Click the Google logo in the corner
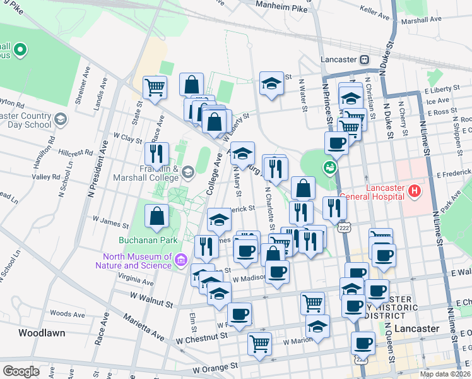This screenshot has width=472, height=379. pyautogui.click(x=21, y=371)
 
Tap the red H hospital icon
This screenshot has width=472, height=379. pyautogui.click(x=414, y=190)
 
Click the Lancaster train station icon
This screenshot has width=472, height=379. pyautogui.click(x=364, y=59)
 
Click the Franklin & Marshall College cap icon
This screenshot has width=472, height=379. pyautogui.click(x=187, y=172)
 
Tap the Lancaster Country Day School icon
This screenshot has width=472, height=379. pyautogui.click(x=60, y=119)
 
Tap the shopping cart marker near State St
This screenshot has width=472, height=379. pyautogui.click(x=155, y=88)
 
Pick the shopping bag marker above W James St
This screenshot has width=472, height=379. pyautogui.click(x=156, y=216)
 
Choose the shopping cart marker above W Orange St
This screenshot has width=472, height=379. pyautogui.click(x=259, y=344)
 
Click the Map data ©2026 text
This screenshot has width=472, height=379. pyautogui.click(x=445, y=374)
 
